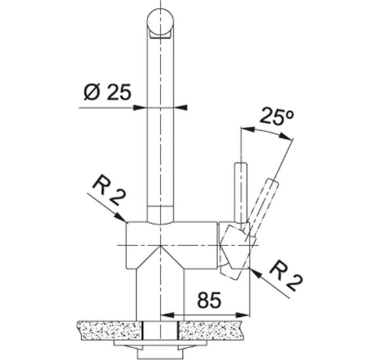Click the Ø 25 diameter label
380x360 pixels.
107,92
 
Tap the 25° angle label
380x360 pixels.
276,117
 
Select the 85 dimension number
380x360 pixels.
210,300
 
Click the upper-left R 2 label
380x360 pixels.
109,191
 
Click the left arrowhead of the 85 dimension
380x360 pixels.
168,315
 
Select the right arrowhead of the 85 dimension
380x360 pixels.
242,315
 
